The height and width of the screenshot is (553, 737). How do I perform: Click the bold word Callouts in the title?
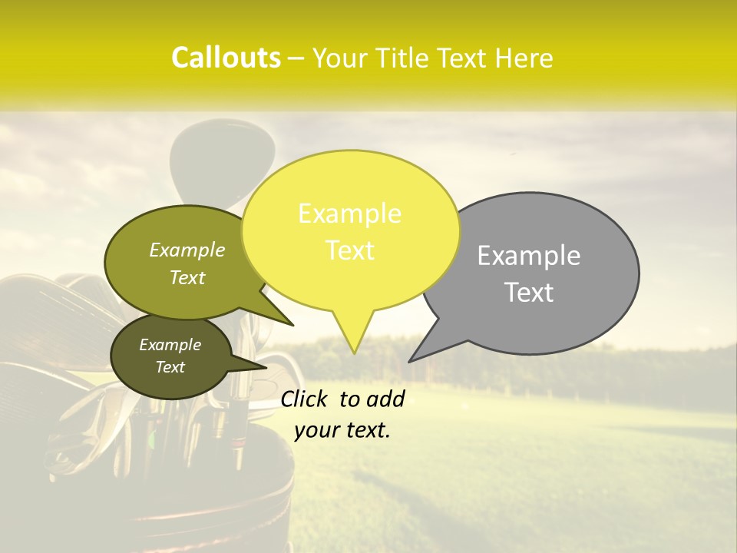pyautogui.click(x=226, y=58)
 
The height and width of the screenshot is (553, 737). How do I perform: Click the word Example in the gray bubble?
pyautogui.click(x=529, y=256)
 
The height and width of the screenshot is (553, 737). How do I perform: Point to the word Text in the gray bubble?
pyautogui.click(x=529, y=293)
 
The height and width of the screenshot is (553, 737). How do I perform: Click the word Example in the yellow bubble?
pyautogui.click(x=349, y=214)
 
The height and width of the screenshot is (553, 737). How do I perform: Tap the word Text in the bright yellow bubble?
pyautogui.click(x=349, y=250)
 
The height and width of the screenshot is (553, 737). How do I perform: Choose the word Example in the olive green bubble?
pyautogui.click(x=187, y=250)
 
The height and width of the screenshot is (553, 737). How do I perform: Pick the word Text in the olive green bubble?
pyautogui.click(x=187, y=277)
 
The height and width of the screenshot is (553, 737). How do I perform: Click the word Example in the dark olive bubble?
pyautogui.click(x=170, y=345)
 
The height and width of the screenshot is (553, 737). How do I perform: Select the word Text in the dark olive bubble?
pyautogui.click(x=170, y=367)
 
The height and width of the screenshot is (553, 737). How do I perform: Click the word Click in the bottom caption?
pyautogui.click(x=305, y=399)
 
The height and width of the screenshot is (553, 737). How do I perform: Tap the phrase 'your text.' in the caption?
pyautogui.click(x=342, y=430)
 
